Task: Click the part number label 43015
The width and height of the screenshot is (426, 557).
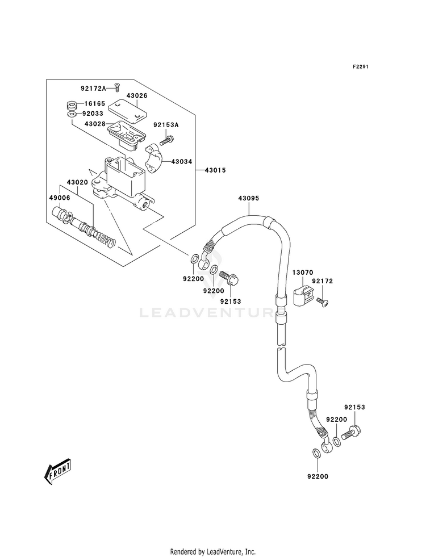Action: point(215,170)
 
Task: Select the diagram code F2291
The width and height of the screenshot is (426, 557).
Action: point(360,66)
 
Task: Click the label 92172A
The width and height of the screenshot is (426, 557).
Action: point(94,88)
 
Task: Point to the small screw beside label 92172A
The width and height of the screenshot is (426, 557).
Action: point(117,86)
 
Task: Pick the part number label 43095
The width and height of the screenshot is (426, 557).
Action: point(249,198)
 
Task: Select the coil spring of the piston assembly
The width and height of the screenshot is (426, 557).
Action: point(105,238)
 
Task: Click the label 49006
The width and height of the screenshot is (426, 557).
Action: point(60,198)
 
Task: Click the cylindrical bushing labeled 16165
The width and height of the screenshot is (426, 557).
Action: point(73,106)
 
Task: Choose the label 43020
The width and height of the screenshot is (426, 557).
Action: point(77,182)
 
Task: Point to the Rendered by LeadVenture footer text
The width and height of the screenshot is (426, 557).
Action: point(213,552)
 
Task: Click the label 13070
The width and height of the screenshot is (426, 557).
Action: point(303,273)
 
